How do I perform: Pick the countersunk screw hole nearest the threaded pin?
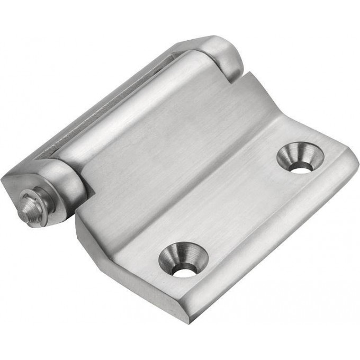click(x=183, y=259)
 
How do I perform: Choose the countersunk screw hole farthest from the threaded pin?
click(x=301, y=157)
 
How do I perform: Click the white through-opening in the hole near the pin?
click(x=184, y=271)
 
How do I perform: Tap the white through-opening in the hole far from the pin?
click(x=301, y=168)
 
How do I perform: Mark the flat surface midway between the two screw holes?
click(x=241, y=209)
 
